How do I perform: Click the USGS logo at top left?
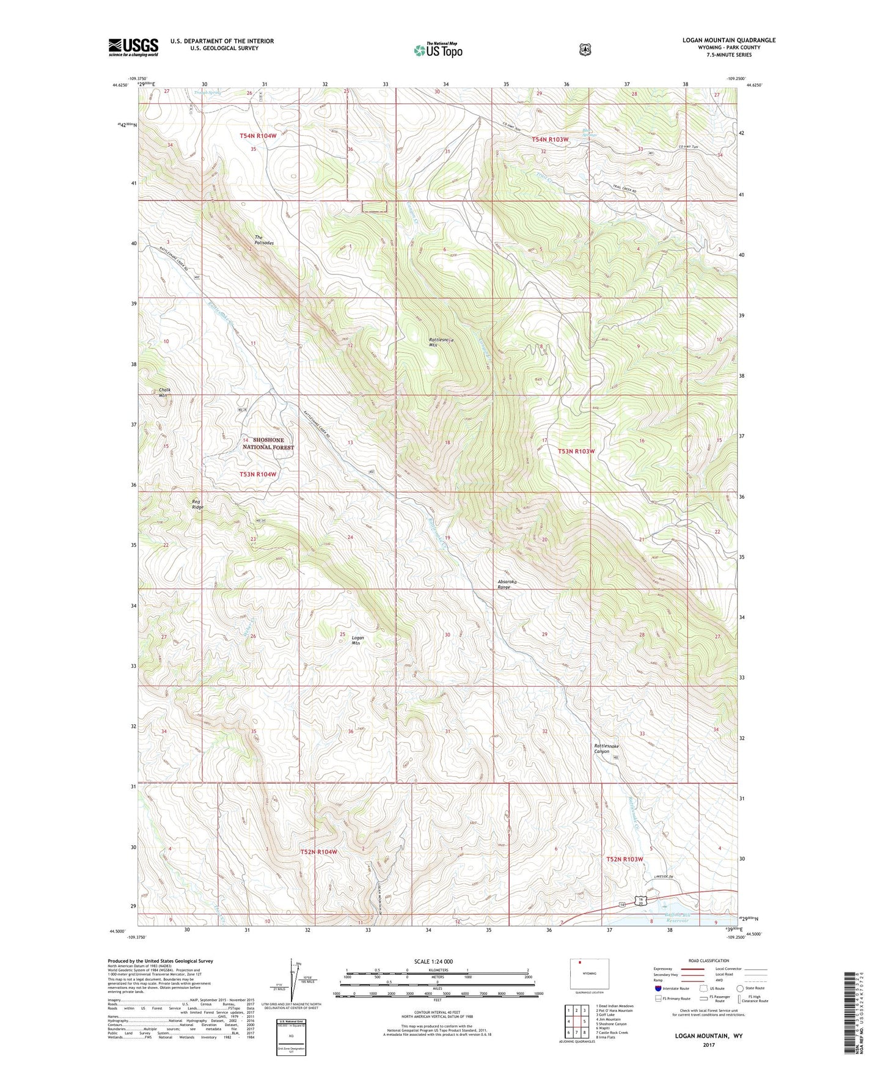(133, 47)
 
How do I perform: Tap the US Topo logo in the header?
(438, 50)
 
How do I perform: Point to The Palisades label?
(263, 240)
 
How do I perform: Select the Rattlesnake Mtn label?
(441, 342)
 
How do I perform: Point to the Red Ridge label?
(197, 504)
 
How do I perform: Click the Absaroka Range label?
(507, 584)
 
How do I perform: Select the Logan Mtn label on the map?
(358, 640)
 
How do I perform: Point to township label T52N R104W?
(318, 852)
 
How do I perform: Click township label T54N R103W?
(550, 139)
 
